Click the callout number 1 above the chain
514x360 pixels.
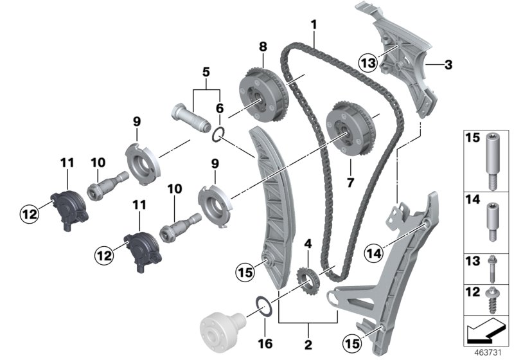(314, 25)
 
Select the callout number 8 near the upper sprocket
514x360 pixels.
(262, 47)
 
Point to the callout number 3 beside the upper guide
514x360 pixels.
(448, 64)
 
